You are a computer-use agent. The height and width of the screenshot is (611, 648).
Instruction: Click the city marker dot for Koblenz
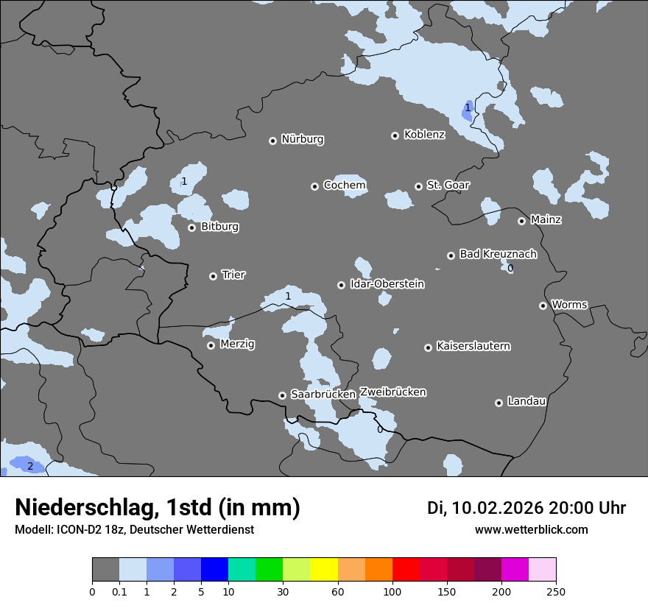(x=395, y=135)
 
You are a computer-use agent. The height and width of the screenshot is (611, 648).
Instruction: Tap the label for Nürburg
(x=302, y=139)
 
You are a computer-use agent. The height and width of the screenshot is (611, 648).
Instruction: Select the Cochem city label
(x=345, y=186)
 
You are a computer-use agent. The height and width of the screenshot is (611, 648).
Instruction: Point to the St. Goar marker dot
(x=418, y=186)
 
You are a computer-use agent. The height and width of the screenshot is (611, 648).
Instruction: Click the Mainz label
(x=546, y=219)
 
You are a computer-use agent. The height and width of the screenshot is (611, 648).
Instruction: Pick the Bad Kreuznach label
(x=498, y=254)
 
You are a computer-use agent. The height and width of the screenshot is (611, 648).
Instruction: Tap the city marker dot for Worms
(x=543, y=305)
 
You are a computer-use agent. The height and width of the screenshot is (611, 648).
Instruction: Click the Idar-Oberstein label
(x=387, y=284)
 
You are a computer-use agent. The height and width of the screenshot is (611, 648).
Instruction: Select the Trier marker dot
(x=213, y=276)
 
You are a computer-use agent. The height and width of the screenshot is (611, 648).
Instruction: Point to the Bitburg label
(x=219, y=227)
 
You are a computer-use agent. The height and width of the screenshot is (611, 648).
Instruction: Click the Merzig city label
(x=238, y=344)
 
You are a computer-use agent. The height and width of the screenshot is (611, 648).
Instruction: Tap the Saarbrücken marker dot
(x=282, y=395)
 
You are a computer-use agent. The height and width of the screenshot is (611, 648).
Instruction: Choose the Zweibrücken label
(x=392, y=392)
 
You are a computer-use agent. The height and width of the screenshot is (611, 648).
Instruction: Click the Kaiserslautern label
(x=473, y=346)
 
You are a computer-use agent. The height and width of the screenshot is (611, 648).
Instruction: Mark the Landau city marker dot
(x=499, y=403)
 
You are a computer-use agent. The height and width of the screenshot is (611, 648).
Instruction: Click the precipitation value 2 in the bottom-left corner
(x=30, y=466)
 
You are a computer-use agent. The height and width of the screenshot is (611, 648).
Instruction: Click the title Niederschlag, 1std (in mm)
(x=158, y=507)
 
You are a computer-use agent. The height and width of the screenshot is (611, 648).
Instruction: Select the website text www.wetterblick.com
(x=531, y=530)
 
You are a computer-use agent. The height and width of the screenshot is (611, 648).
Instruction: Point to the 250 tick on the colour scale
(x=556, y=591)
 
